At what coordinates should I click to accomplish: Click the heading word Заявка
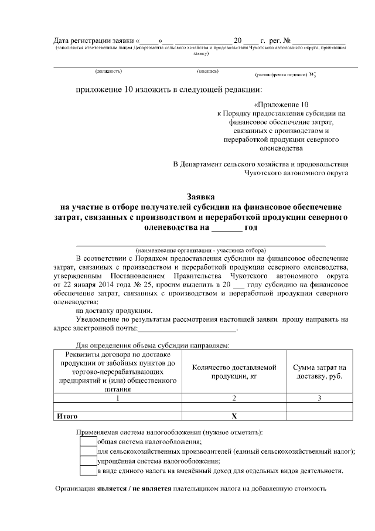(200, 198)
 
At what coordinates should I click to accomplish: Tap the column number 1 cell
(118, 398)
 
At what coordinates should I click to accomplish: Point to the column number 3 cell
(319, 398)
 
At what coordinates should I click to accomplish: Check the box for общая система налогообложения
(88, 441)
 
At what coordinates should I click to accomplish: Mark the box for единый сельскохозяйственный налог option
(88, 451)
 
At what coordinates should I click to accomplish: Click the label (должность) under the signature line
(108, 72)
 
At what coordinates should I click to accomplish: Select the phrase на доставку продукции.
(115, 310)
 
